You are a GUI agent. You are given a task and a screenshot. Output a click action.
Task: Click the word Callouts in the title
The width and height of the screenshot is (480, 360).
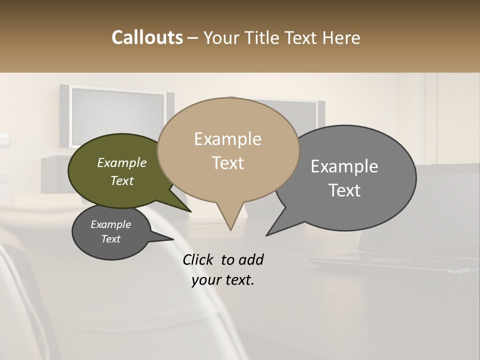147,37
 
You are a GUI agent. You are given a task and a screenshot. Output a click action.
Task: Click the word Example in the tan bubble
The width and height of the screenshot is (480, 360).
227,139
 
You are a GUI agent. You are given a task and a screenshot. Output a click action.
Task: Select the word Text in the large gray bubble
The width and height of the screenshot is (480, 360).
344,190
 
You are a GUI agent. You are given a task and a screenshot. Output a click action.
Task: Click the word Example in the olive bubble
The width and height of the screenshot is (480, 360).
121,162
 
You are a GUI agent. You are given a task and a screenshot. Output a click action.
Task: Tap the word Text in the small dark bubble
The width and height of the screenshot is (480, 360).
110,239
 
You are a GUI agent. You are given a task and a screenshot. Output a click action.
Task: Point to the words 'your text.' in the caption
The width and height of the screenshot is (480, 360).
223,280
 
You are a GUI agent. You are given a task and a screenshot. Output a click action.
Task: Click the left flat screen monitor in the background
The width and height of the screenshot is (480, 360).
117,117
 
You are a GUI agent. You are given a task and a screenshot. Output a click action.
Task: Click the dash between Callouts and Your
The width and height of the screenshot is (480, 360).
193,38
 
